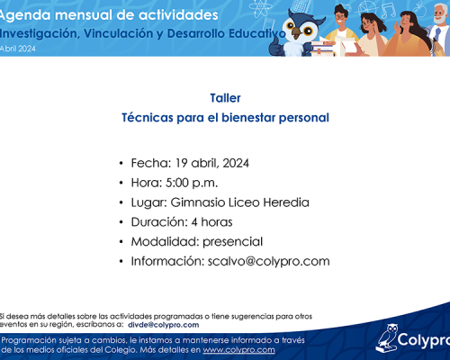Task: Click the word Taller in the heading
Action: [225, 98]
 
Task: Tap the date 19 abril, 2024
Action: [212, 163]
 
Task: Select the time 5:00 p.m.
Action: [192, 183]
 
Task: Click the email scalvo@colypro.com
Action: [269, 261]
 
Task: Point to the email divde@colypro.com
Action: [164, 325]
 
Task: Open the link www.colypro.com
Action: [238, 350]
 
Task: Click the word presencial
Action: [233, 242]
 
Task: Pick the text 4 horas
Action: [212, 222]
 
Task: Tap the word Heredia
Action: [286, 202]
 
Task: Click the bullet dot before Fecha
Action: [121, 163]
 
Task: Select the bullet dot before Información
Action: [121, 261]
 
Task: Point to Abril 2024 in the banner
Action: [18, 49]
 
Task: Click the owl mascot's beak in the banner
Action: [297, 32]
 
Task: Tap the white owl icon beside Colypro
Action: [387, 338]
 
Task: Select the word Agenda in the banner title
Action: [25, 15]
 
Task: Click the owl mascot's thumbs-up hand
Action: [276, 48]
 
